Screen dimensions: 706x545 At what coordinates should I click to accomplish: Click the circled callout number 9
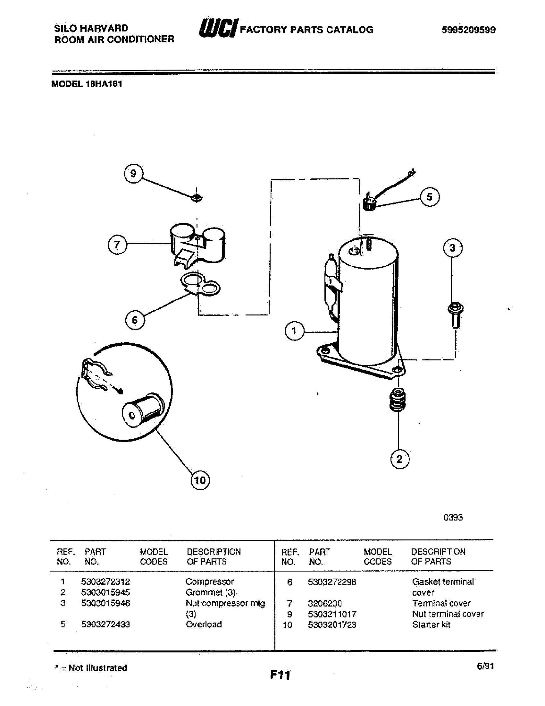[133, 174]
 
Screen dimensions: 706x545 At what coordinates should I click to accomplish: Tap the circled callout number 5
[429, 196]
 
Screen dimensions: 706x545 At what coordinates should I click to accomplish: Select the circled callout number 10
[200, 480]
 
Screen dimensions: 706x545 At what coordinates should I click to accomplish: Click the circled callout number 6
[135, 320]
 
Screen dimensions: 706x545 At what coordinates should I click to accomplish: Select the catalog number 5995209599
[468, 30]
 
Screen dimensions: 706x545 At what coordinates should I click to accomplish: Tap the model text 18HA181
[104, 84]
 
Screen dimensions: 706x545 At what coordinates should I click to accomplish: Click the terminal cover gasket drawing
[200, 284]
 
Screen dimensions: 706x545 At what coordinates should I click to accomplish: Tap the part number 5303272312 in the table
[105, 581]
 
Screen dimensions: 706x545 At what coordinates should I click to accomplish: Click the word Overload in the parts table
[204, 624]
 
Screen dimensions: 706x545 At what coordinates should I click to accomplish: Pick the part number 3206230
[324, 603]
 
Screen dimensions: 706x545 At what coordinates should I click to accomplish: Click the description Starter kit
[431, 624]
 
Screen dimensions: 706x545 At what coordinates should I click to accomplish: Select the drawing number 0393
[453, 518]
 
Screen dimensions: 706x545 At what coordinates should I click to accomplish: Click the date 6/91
[485, 666]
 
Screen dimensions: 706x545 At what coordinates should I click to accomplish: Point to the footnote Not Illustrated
[98, 668]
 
